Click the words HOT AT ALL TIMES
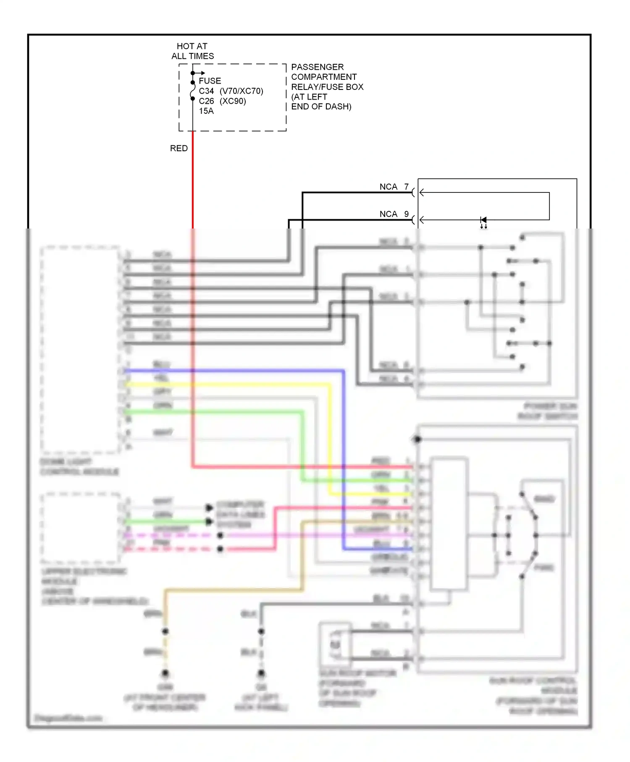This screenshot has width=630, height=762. (192, 51)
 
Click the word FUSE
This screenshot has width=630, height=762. (210, 81)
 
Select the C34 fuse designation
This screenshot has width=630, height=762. (206, 91)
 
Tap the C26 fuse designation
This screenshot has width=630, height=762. (206, 101)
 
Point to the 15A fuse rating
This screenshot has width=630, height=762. (206, 111)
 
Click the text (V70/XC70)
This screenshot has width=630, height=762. (241, 91)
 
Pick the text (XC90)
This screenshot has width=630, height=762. (233, 101)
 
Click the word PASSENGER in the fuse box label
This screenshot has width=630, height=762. (317, 67)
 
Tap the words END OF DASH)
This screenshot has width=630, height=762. (321, 107)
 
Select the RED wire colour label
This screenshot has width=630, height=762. (178, 148)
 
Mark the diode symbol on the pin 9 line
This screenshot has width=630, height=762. (483, 220)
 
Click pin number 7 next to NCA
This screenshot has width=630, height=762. (406, 187)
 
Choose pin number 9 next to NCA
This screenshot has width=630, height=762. (406, 214)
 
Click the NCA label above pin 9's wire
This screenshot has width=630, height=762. (388, 214)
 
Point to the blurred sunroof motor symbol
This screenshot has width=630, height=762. (335, 644)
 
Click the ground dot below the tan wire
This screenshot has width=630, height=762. (165, 673)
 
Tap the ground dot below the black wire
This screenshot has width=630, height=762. (261, 673)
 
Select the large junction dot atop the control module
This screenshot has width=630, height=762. (417, 439)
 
